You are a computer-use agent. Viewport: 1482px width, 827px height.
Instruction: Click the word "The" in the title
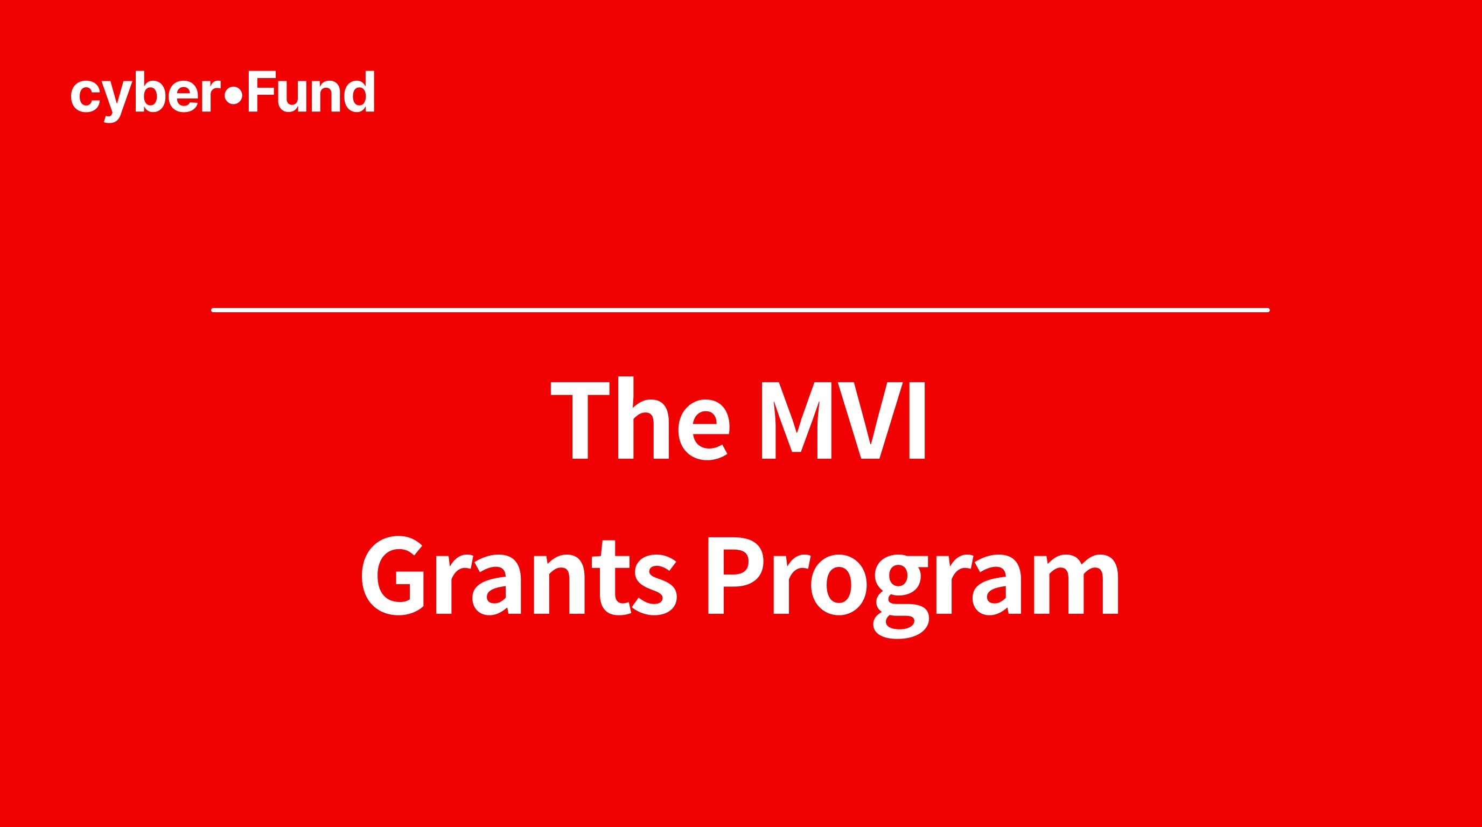[640, 419]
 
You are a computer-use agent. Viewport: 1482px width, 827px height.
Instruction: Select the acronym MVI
[843, 420]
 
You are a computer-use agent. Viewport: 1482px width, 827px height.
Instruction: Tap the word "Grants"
[519, 577]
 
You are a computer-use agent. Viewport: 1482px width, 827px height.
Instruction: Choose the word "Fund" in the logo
[311, 92]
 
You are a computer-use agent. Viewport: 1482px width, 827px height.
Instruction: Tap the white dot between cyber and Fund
[233, 95]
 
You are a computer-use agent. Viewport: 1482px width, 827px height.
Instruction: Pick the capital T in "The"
[580, 420]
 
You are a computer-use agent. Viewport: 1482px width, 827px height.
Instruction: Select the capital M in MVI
[797, 420]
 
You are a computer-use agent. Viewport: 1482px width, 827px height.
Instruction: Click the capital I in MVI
[917, 420]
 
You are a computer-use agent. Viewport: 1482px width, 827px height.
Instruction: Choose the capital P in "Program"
[734, 576]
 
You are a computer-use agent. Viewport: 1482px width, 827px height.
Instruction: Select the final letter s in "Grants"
[655, 585]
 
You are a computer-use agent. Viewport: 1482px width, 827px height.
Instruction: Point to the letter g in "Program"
[901, 595]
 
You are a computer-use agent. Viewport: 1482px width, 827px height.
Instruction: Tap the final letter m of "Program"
[1076, 585]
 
